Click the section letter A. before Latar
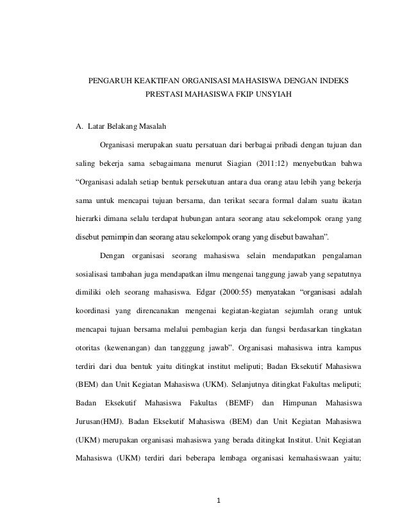(x=80, y=125)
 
